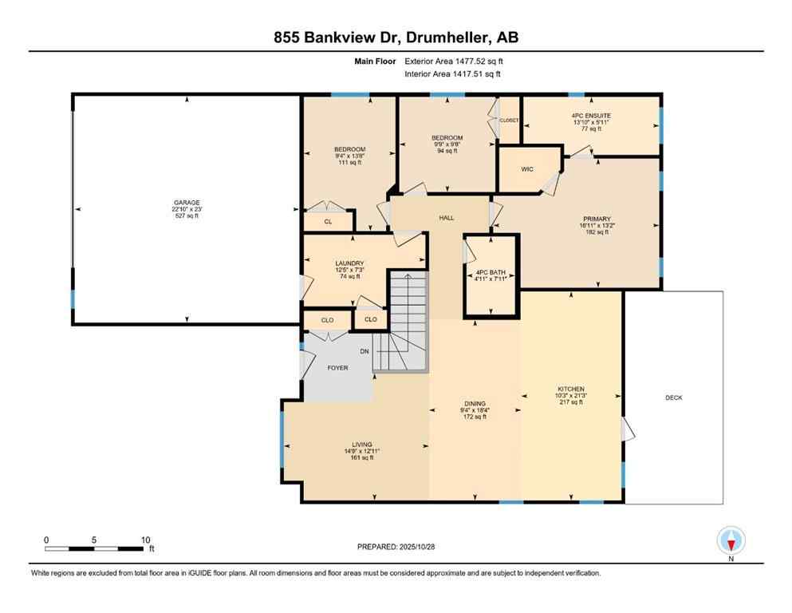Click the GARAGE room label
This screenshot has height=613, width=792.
pos(187,203)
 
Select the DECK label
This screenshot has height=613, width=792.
pos(673,397)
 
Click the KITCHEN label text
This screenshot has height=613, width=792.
pos(571,390)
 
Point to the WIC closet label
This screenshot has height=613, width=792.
pos(527,169)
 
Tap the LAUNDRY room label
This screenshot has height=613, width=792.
pos(350,263)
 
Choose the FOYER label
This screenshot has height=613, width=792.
pos(337,368)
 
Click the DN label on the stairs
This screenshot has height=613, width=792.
pos(364,351)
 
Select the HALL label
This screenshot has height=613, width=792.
pos(446,217)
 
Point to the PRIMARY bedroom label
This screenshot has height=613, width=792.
pos(597,217)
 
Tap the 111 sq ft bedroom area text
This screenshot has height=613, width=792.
pos(349,163)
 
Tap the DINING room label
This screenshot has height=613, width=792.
pos(475,404)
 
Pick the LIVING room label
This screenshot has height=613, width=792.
pos(362,445)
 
